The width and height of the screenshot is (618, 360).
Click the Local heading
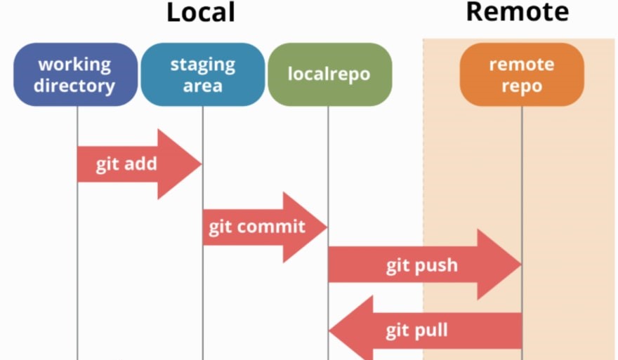pyautogui.click(x=200, y=12)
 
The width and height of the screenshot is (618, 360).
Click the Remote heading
pyautogui.click(x=517, y=11)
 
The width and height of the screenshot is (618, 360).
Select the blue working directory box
pyautogui.click(x=76, y=74)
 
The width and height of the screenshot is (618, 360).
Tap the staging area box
pyautogui.click(x=202, y=74)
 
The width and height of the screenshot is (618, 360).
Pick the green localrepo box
pyautogui.click(x=329, y=74)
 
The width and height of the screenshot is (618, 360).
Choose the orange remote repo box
pyautogui.click(x=521, y=74)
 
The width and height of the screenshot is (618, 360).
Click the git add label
pyautogui.click(x=126, y=164)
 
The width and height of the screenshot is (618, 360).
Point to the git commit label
pyautogui.click(x=257, y=227)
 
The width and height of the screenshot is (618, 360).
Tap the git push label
pyautogui.click(x=421, y=265)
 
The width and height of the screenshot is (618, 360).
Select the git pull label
pyautogui.click(x=416, y=330)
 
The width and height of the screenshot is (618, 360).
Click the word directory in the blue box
pyautogui.click(x=74, y=86)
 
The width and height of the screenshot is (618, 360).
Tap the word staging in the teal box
pyautogui.click(x=202, y=65)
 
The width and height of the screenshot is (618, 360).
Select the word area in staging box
pyautogui.click(x=202, y=86)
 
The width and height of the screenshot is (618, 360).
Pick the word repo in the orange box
pyautogui.click(x=521, y=86)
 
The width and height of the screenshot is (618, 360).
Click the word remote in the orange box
pyautogui.click(x=521, y=65)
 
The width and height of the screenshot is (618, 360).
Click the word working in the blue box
pyautogui.click(x=74, y=65)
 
